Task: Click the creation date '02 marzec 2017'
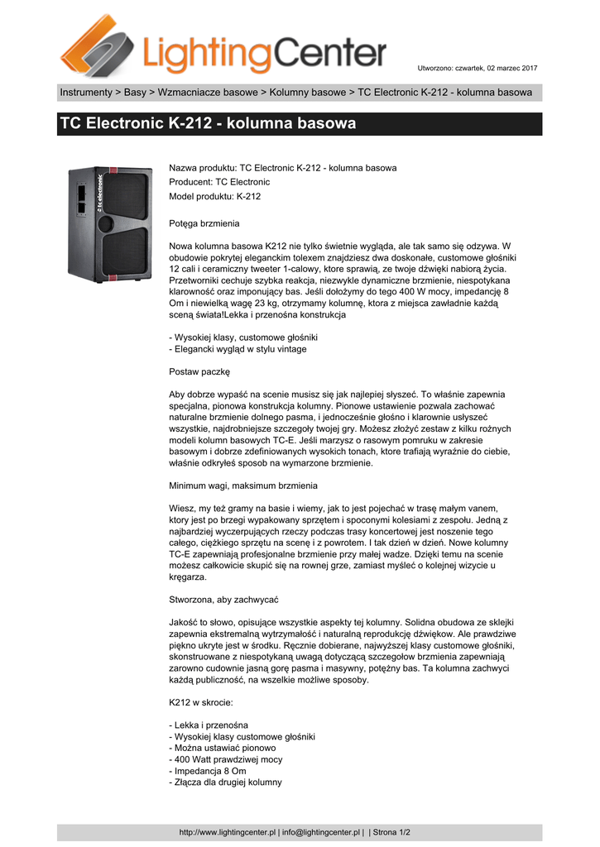[x=510, y=68]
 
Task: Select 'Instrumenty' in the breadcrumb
[x=85, y=93]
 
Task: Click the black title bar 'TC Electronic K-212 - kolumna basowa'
[x=300, y=124]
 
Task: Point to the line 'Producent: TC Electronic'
[x=219, y=182]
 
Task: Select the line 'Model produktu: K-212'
[x=214, y=196]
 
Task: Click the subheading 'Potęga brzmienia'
[x=204, y=224]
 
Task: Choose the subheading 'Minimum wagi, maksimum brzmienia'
[x=243, y=486]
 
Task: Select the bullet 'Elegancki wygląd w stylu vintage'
[x=238, y=349]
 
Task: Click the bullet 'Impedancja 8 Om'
[x=208, y=771]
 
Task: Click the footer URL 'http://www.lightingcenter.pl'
[x=227, y=832]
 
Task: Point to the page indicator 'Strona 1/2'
[x=394, y=832]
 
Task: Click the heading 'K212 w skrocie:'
[x=201, y=702]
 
